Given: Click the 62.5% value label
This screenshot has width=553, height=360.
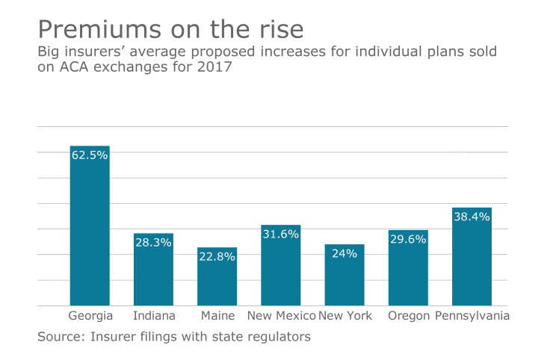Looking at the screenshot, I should [x=90, y=155].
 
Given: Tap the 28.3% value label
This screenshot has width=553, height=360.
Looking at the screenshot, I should [x=154, y=243].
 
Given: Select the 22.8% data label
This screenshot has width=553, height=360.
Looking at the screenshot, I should [x=217, y=257].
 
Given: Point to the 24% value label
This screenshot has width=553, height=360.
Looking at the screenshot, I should [x=345, y=254].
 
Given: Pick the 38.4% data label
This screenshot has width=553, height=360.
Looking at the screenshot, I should [x=472, y=217].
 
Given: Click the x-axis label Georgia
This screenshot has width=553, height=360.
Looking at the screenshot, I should [x=90, y=316].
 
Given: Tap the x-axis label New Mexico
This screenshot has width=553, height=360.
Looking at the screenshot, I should [x=281, y=316].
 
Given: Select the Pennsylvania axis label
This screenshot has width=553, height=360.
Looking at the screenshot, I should [x=472, y=316].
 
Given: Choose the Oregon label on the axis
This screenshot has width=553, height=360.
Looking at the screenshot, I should [x=408, y=317].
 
